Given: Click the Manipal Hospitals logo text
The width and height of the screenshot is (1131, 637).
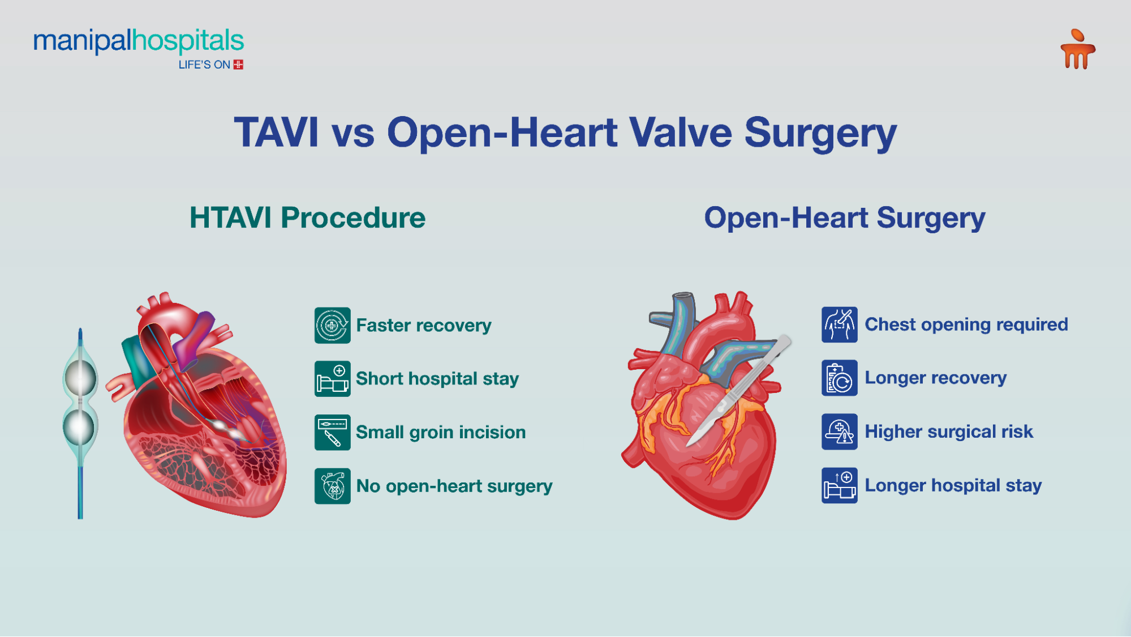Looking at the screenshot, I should (x=139, y=41).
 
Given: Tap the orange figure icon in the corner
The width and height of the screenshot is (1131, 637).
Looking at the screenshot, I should (x=1077, y=50).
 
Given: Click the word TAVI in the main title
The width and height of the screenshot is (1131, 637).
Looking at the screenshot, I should (x=276, y=132).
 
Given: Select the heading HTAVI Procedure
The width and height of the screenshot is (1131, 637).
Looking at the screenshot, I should (x=307, y=218).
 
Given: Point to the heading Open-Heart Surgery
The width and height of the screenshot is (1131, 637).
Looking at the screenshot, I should (x=844, y=218).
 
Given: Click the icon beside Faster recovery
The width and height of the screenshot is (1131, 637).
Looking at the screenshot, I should (x=332, y=326).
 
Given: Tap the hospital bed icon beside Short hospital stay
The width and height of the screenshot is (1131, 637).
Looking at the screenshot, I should (x=332, y=379).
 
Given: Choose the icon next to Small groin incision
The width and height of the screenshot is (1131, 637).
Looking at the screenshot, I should (x=332, y=433).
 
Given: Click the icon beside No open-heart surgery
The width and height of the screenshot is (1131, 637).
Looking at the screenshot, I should (x=332, y=486).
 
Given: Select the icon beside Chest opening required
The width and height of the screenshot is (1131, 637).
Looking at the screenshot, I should (x=839, y=325).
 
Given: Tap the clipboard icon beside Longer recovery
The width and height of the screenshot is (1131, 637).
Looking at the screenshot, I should (x=839, y=378).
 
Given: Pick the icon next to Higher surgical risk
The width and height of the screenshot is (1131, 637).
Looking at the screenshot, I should (x=839, y=431).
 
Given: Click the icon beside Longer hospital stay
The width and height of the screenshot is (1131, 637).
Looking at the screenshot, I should (x=839, y=485).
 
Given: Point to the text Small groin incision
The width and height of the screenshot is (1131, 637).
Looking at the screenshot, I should (x=441, y=433).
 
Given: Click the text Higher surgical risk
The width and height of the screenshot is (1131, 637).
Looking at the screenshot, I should (x=949, y=431).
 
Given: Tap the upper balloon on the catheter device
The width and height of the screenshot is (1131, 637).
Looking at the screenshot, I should (x=80, y=378).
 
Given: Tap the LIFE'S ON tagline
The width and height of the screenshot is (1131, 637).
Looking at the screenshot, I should (x=204, y=65).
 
